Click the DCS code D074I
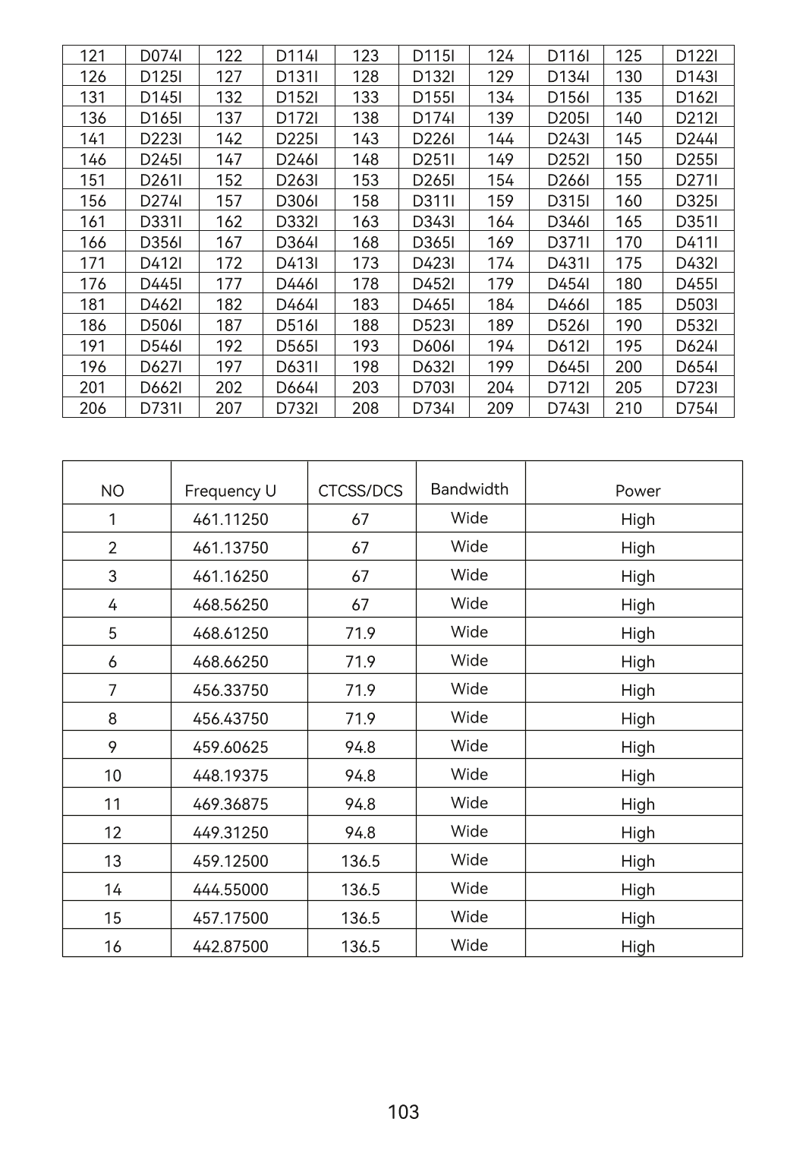[x=161, y=55]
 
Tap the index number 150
[x=628, y=160]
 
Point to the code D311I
[x=433, y=201]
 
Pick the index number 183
[x=365, y=305]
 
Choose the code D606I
[x=433, y=346]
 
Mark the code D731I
[x=161, y=408]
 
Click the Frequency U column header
[x=231, y=491]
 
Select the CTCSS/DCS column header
[x=360, y=491]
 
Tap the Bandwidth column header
[x=469, y=489]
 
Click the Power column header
[x=638, y=491]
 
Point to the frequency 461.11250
[x=231, y=520]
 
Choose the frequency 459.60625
[x=231, y=747]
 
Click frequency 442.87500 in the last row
[x=231, y=946]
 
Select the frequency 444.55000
[x=231, y=890]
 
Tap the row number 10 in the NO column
[x=112, y=776]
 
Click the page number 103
[x=403, y=1112]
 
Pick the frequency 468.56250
[x=231, y=605]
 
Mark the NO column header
[x=112, y=491]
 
